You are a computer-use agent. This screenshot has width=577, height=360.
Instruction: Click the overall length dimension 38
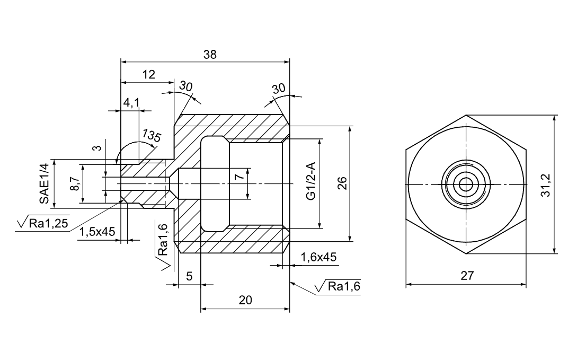tap(210, 55)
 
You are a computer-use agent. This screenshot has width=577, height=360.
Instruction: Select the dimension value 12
tap(149, 75)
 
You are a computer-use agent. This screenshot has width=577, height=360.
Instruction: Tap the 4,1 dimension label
tap(131, 103)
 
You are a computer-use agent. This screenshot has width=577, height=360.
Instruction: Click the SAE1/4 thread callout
tap(44, 183)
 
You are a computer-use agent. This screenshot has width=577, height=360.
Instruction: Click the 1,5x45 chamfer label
tap(97, 232)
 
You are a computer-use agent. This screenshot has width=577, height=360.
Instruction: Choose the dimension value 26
tap(342, 183)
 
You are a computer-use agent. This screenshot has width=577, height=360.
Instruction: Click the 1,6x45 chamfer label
tap(319, 257)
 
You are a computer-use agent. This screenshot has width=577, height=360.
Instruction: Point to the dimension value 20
tap(245, 300)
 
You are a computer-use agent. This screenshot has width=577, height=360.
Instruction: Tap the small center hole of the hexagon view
tap(466, 185)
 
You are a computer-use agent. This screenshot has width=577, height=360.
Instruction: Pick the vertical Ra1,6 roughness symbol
tap(163, 243)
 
